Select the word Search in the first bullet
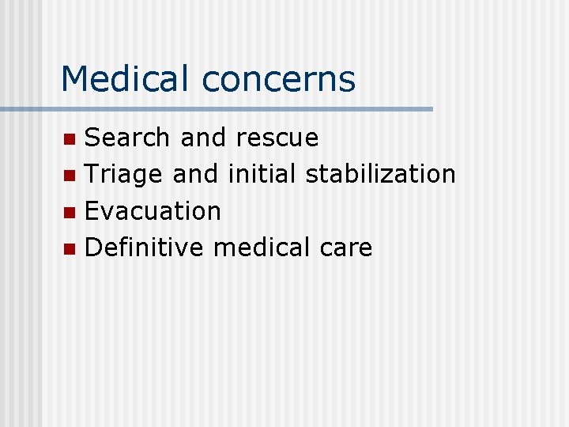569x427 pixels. [x=127, y=138]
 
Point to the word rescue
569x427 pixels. [x=277, y=138]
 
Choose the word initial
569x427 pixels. [x=262, y=174]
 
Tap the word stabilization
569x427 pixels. [x=380, y=174]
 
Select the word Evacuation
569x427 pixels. [x=153, y=211]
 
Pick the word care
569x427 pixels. [x=346, y=249]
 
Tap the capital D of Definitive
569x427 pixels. [x=93, y=248]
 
